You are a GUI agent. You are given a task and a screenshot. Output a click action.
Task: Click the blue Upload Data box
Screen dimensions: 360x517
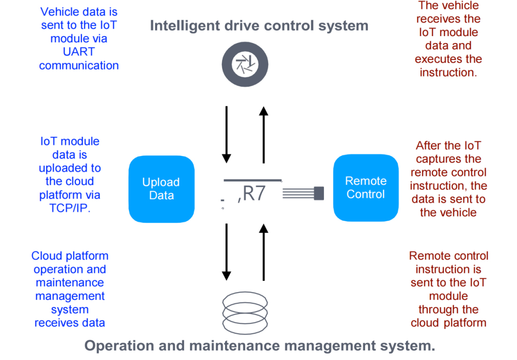[161, 189]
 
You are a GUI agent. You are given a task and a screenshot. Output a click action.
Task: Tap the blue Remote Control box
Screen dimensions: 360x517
[366, 187]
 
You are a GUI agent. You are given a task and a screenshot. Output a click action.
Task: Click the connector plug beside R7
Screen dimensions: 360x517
[319, 193]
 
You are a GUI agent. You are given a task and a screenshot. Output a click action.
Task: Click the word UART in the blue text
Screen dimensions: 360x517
[79, 52]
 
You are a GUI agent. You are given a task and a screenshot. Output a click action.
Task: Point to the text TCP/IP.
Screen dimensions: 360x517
[70, 208]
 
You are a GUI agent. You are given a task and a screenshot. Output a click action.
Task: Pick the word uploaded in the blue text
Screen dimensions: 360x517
[70, 168]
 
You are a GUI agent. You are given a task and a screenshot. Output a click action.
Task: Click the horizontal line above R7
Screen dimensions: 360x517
[253, 180]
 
